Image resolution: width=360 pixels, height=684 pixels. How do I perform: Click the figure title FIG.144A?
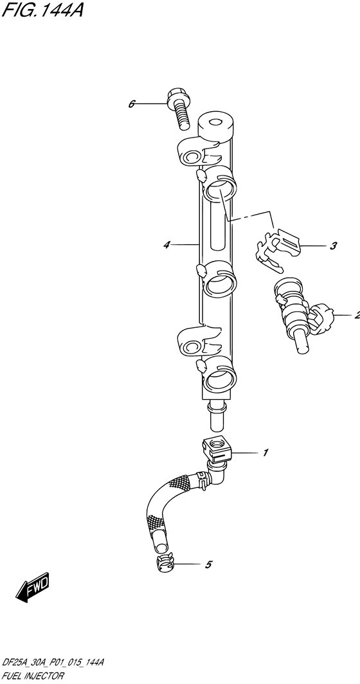tap(42, 11)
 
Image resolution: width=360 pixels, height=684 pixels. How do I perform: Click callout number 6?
tap(132, 104)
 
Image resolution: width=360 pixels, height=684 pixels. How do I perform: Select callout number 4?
tap(166, 244)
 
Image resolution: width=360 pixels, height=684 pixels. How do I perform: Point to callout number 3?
tap(334, 246)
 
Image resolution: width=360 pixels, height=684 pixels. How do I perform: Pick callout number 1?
tap(265, 453)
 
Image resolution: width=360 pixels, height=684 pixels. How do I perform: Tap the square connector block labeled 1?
tap(215, 447)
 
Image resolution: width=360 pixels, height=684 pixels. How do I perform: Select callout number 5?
tap(208, 565)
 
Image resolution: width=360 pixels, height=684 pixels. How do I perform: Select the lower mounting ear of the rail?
tap(192, 340)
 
